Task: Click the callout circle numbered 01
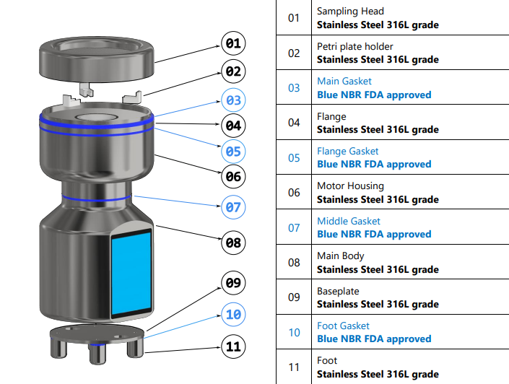(232, 43)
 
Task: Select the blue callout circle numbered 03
(232, 100)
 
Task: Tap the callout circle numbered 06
(232, 175)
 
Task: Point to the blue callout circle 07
(232, 207)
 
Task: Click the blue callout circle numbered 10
(232, 315)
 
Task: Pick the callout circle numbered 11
(232, 346)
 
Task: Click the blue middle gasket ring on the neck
(95, 196)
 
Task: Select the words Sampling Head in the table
(350, 12)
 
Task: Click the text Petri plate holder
(355, 46)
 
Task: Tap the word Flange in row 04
(331, 116)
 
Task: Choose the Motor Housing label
(350, 186)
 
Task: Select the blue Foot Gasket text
(343, 326)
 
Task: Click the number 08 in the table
(294, 262)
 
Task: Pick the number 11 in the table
(294, 367)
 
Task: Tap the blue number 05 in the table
(294, 157)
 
